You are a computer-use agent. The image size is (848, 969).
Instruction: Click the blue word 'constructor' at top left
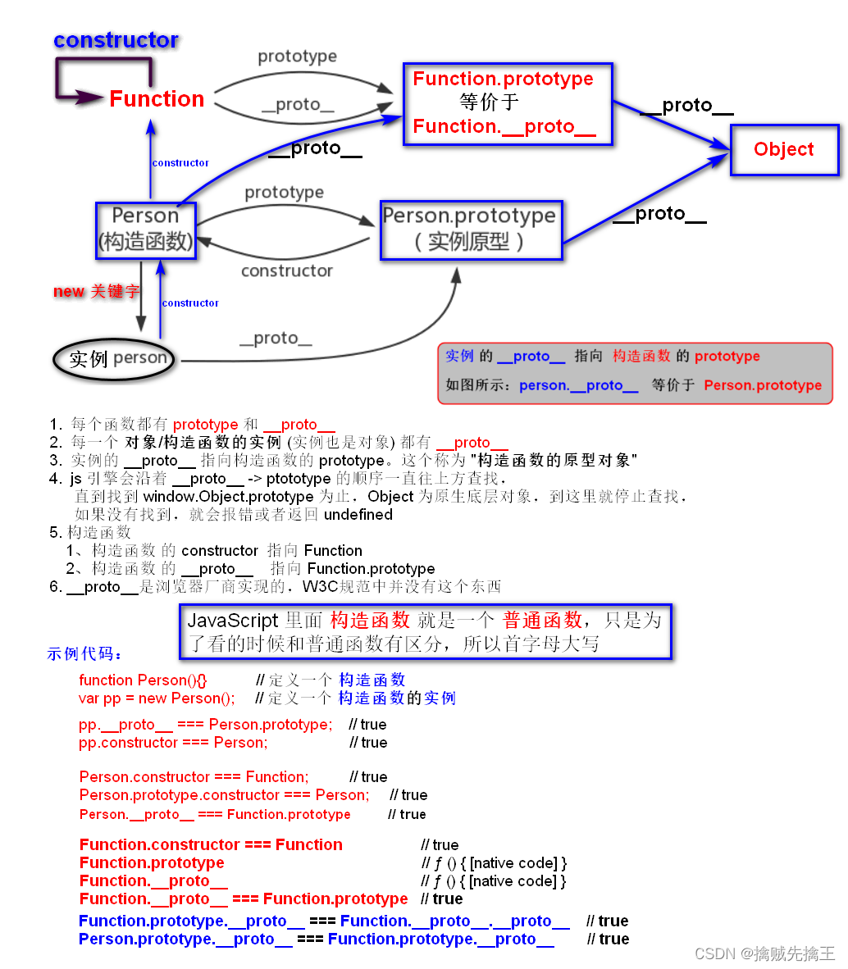pyautogui.click(x=116, y=40)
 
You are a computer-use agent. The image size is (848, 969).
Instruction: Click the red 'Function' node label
pyautogui.click(x=157, y=99)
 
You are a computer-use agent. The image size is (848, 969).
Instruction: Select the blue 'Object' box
pyautogui.click(x=784, y=149)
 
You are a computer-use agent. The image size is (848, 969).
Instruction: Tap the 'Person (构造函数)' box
pyautogui.click(x=145, y=229)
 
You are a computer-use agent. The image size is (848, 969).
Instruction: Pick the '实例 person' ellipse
pyautogui.click(x=115, y=359)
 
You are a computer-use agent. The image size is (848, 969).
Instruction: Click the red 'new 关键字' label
pyautogui.click(x=96, y=292)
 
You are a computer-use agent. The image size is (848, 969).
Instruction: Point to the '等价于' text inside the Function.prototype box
pyautogui.click(x=490, y=102)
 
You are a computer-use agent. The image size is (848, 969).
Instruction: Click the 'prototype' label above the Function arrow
pyautogui.click(x=297, y=57)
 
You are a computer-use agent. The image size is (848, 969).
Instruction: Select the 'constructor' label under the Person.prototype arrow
pyautogui.click(x=286, y=271)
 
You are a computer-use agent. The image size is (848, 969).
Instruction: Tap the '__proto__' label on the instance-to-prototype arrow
pyautogui.click(x=276, y=339)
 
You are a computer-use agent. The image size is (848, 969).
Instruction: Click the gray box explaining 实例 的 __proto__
pyautogui.click(x=634, y=373)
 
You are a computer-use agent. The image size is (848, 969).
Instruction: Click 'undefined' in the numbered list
pyautogui.click(x=358, y=515)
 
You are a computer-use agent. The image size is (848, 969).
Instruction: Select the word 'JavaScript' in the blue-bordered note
pyautogui.click(x=233, y=621)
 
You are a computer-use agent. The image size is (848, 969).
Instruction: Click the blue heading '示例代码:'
pyautogui.click(x=85, y=654)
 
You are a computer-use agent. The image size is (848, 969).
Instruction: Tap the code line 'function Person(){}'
pyautogui.click(x=143, y=680)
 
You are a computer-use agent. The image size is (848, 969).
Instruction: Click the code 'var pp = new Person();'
pyautogui.click(x=157, y=698)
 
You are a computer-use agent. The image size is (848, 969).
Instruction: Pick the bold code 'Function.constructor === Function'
pyautogui.click(x=211, y=845)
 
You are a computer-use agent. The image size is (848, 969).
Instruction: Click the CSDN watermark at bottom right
pyautogui.click(x=764, y=953)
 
